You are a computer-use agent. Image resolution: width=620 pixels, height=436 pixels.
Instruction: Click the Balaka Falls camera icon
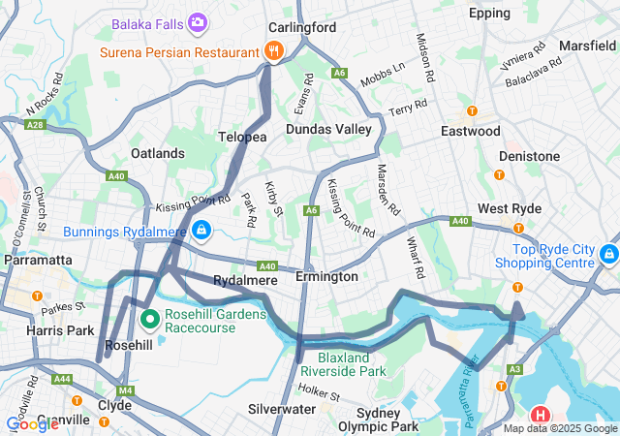(198, 21)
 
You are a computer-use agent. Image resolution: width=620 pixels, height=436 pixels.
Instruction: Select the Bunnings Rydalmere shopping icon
(201, 231)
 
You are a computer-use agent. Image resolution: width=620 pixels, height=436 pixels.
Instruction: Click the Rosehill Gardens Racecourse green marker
(150, 318)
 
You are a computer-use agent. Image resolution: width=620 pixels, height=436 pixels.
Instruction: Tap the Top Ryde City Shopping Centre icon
(608, 255)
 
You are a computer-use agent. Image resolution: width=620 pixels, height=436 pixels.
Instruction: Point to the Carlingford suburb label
(302, 26)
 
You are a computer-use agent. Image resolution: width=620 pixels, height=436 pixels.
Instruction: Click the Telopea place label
(242, 138)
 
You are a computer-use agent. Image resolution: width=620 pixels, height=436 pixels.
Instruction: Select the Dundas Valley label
(328, 128)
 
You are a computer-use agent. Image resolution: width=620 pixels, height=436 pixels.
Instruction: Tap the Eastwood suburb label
(470, 131)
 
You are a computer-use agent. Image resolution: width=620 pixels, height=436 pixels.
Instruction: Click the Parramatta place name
(39, 260)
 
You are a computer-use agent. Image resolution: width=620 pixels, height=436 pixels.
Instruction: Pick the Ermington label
(326, 277)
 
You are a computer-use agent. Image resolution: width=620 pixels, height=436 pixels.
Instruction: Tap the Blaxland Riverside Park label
(343, 362)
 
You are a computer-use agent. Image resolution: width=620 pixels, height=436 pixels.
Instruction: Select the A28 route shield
(36, 124)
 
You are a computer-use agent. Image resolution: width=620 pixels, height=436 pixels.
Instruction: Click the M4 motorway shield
(124, 390)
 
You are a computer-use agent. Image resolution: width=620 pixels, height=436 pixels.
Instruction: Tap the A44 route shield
(63, 379)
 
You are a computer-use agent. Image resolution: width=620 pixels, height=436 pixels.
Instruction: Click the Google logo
(32, 424)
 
